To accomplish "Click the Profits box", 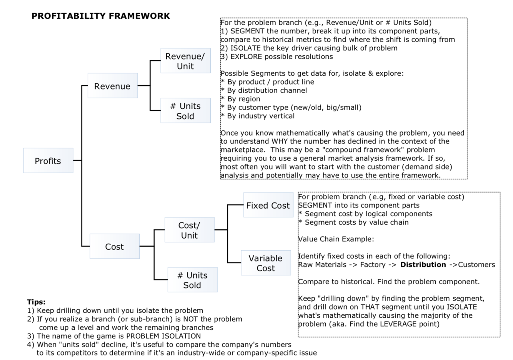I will coord(48,161).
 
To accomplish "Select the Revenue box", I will coord(112,86).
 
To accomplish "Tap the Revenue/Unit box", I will coord(185,61).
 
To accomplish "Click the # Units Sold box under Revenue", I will coord(185,111).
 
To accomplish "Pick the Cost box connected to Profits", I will coord(115,246).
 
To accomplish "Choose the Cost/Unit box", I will coord(189,230).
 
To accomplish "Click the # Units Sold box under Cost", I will coord(192,280).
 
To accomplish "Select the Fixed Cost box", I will coord(268,205).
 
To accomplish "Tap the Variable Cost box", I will coord(266,263).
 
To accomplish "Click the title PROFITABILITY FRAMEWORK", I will coord(101,16).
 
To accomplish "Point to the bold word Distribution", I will coord(423,264).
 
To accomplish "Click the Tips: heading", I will coord(36,302).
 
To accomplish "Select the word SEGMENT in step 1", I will coord(247,31).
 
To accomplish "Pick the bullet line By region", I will coord(243,99).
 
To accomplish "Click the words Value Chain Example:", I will coord(336,239).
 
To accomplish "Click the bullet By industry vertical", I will coord(260,116).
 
